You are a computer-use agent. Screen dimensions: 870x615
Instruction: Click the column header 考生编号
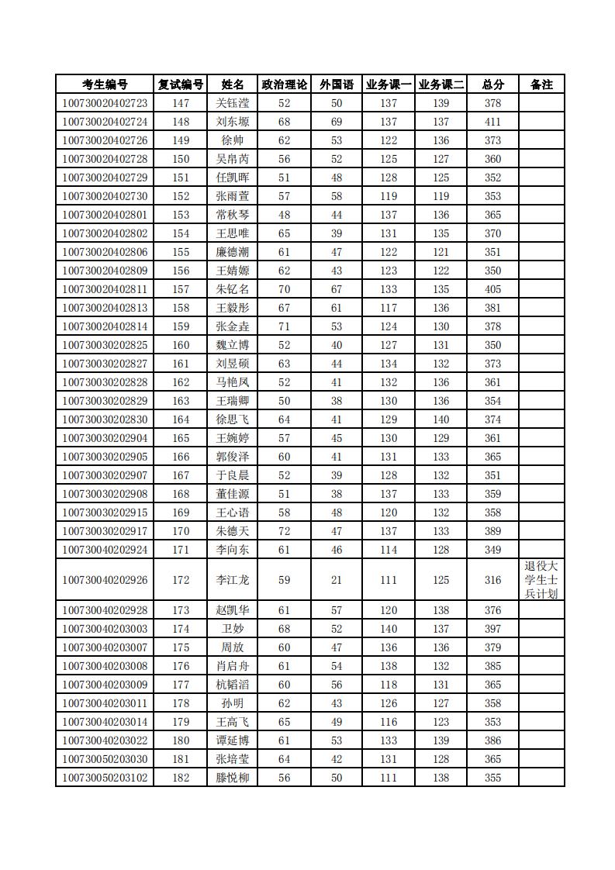105,85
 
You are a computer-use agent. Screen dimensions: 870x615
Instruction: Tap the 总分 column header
492,85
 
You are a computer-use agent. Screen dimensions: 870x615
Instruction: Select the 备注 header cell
541,85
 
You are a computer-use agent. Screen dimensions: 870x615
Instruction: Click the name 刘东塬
233,122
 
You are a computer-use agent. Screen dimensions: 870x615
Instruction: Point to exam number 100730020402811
105,289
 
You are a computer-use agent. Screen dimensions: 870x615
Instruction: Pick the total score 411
492,122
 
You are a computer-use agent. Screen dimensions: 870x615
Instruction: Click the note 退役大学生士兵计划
541,580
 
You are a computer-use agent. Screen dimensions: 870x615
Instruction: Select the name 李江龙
233,580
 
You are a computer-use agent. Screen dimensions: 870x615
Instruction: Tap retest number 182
181,778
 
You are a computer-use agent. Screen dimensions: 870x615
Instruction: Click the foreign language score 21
337,580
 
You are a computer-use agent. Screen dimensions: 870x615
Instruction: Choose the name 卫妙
233,629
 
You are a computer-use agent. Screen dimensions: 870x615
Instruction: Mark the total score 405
492,289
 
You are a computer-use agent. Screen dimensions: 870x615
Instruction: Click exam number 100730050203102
105,778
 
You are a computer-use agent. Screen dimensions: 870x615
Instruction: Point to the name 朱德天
233,531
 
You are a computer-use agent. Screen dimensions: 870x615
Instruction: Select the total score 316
492,580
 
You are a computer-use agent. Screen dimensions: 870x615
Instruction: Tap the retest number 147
181,103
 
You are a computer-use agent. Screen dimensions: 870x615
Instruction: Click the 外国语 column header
337,85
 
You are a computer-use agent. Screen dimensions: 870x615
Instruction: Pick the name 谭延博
233,741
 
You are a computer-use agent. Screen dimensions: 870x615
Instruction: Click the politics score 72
284,531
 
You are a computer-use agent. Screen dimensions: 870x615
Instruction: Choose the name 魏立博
233,345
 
